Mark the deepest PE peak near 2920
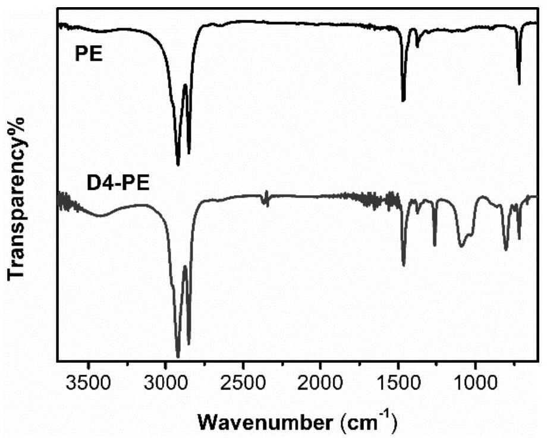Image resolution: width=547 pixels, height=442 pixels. click(x=178, y=164)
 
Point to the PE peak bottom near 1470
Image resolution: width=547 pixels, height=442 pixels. click(x=403, y=101)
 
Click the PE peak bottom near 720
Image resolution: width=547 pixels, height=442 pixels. click(x=519, y=84)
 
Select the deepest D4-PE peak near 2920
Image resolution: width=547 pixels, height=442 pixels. click(x=178, y=357)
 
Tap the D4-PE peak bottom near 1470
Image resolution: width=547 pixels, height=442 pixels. click(x=403, y=265)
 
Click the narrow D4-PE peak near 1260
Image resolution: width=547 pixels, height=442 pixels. click(x=435, y=244)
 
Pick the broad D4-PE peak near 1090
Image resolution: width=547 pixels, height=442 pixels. click(x=461, y=246)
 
